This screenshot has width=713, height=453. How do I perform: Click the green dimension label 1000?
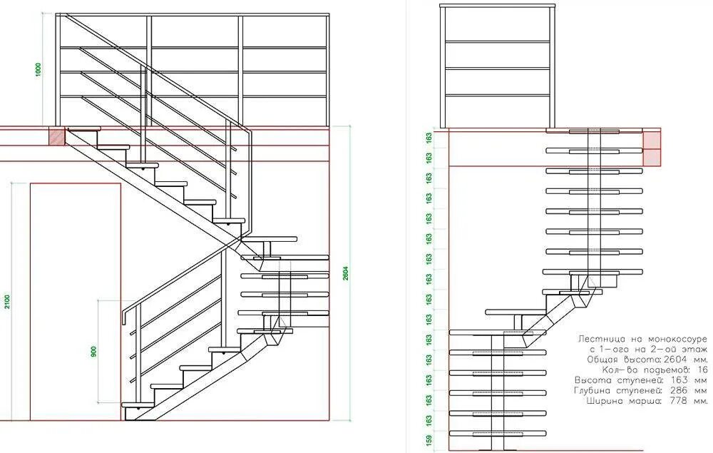[x=39, y=69]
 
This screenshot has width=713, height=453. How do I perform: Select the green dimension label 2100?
[x=7, y=302]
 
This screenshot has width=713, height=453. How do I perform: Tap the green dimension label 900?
[x=93, y=351]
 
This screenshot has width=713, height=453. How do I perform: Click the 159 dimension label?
[x=429, y=440]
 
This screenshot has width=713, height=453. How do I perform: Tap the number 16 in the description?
[x=702, y=370]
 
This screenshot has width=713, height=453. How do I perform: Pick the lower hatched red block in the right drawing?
[x=652, y=158]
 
